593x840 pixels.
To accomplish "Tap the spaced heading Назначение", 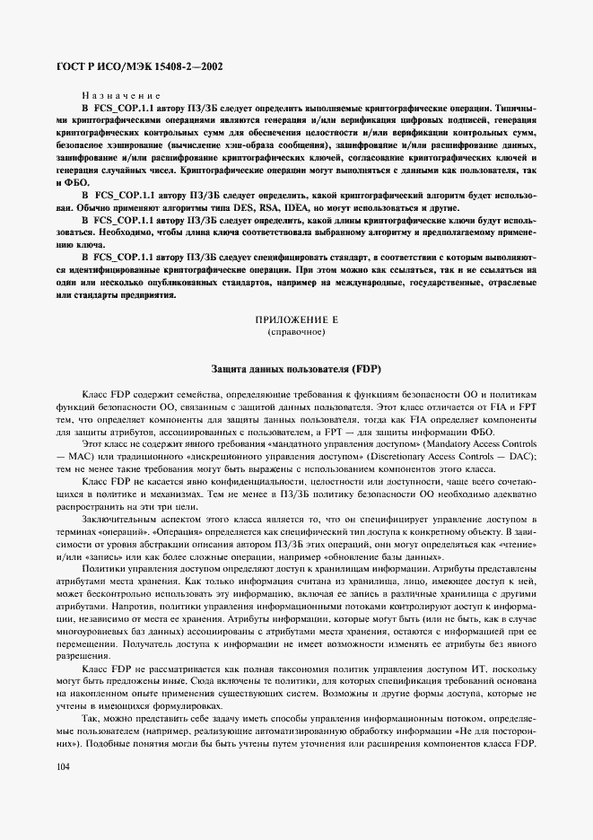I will pyautogui.click(x=120, y=93).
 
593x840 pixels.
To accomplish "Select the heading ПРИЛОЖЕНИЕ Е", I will pyautogui.click(x=295, y=319).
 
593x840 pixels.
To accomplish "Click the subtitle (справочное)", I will pyautogui.click(x=295, y=332).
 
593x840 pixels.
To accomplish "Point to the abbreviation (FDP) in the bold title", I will pyautogui.click(x=363, y=369).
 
